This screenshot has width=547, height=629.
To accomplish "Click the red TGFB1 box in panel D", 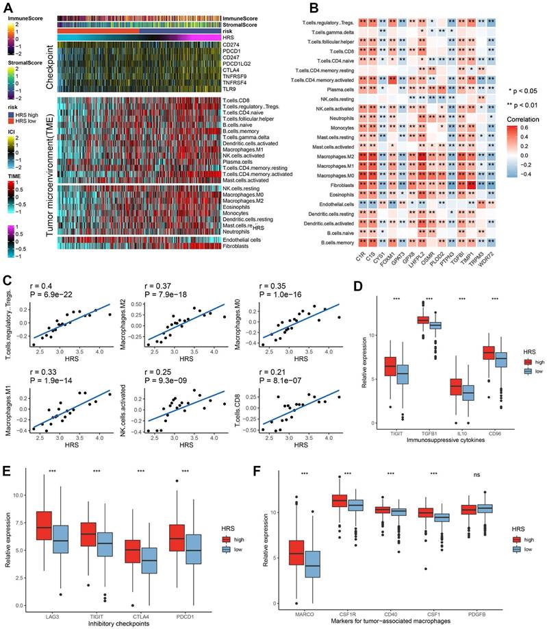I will click(x=422, y=320).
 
